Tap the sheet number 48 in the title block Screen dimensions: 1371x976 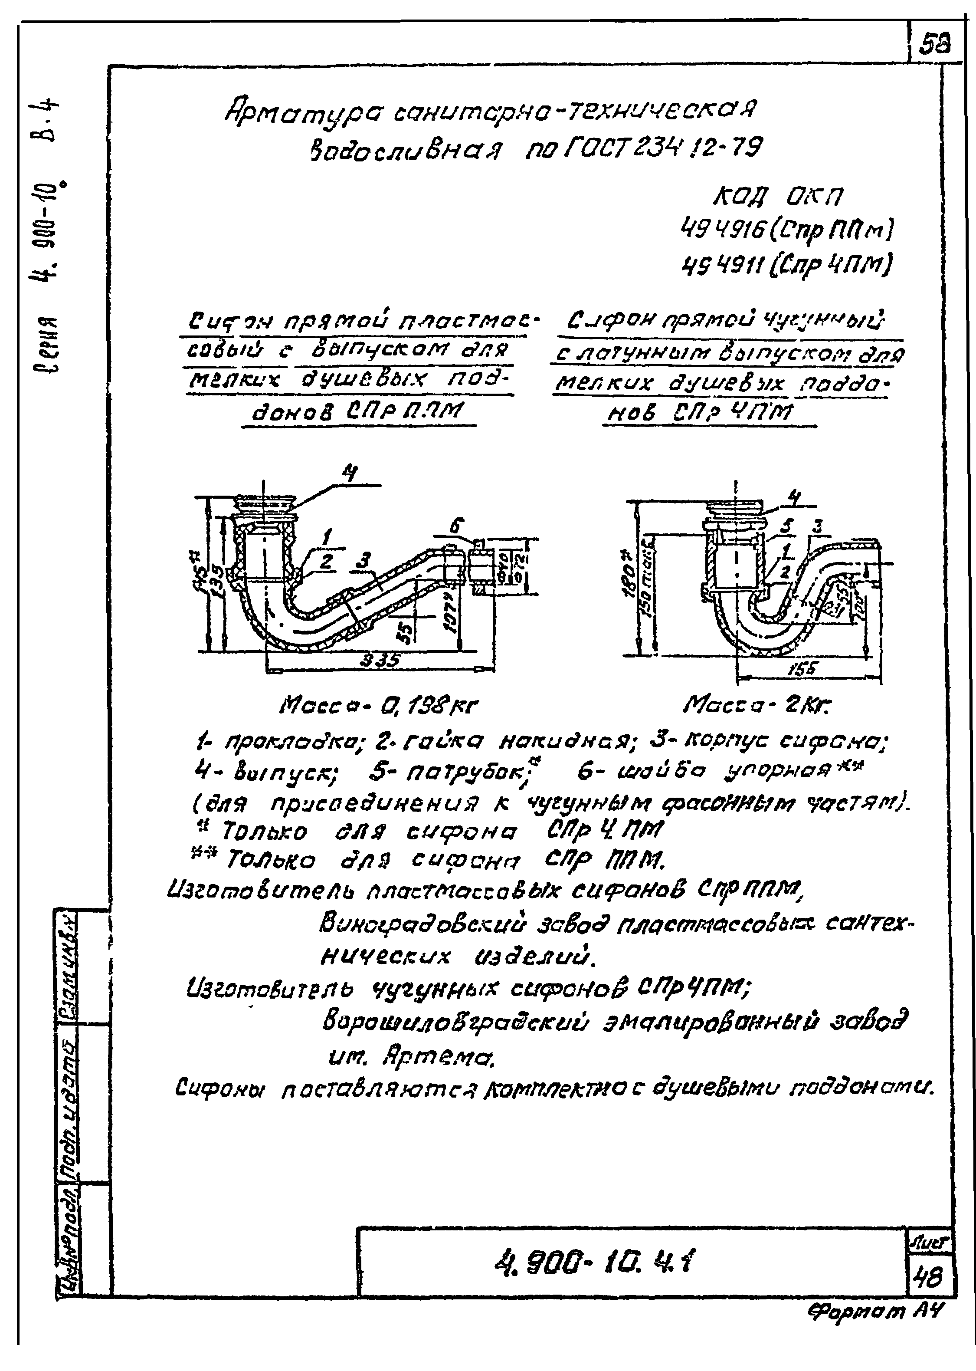928,1276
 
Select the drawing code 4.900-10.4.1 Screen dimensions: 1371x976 592,1261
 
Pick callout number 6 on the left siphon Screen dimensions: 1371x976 457,526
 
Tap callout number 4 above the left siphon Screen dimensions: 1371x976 349,474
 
